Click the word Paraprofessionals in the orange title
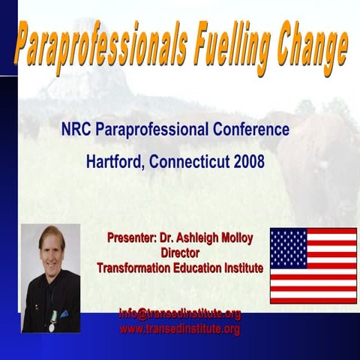[x=100, y=46]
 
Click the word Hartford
[x=113, y=160]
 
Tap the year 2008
[x=249, y=160]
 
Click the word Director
[x=181, y=253]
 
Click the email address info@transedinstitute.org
[x=180, y=314]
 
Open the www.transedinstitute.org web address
[x=180, y=328]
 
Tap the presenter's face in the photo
[x=52, y=248]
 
